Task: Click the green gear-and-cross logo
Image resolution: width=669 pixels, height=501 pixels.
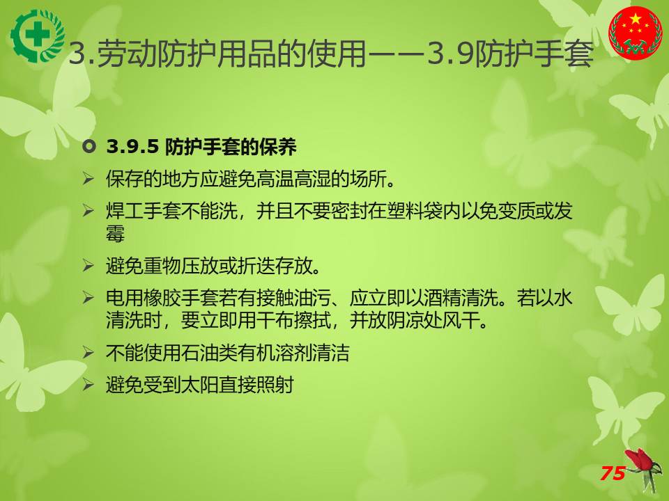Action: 38,35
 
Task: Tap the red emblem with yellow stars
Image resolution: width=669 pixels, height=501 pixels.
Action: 636,33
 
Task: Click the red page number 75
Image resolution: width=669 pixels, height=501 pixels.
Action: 613,473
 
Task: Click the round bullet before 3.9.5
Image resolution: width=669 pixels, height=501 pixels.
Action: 89,147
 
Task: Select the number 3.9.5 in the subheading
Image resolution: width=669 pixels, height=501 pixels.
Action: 132,147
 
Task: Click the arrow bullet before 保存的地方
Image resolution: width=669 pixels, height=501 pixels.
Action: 89,178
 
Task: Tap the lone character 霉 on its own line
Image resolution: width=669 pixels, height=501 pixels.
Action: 115,234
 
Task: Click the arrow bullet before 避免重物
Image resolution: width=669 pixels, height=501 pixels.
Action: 89,265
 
